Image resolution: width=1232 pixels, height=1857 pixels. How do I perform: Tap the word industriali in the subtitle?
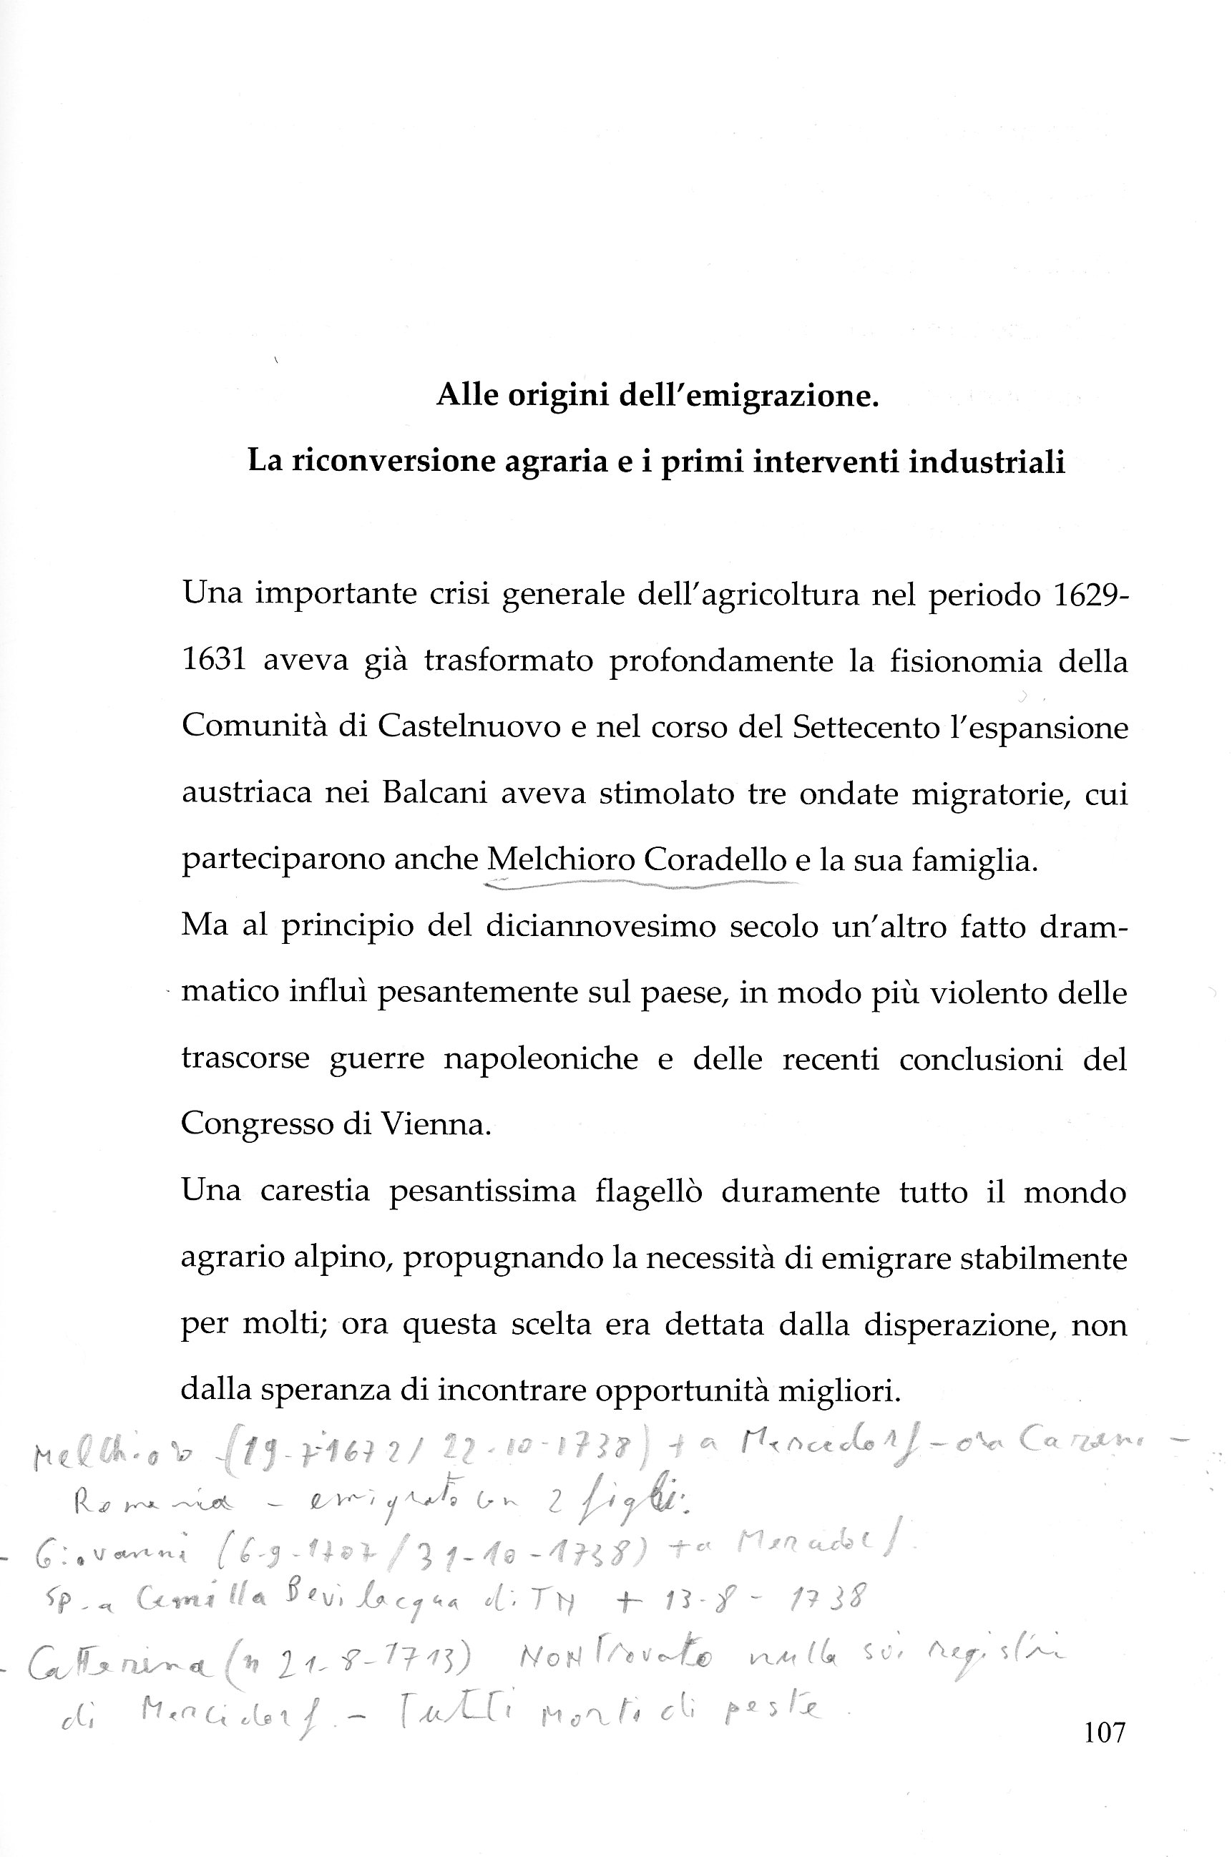pos(987,462)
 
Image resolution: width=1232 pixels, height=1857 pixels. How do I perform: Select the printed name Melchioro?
pos(561,859)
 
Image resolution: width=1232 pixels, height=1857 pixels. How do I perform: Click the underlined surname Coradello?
pos(714,859)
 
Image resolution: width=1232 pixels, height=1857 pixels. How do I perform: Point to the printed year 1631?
pos(214,661)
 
